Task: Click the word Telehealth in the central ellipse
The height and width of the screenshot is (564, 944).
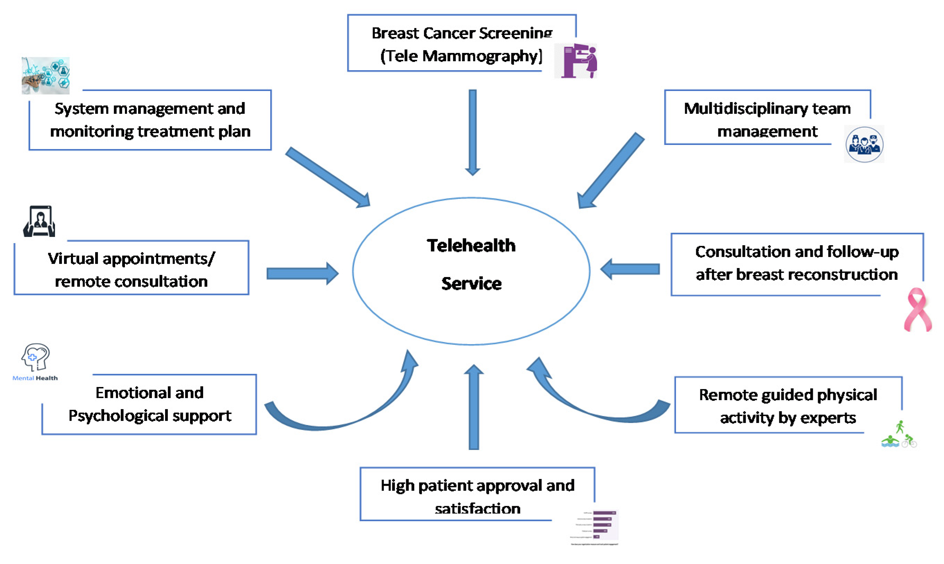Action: [x=471, y=246]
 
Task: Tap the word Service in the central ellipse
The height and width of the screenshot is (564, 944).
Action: [x=471, y=284]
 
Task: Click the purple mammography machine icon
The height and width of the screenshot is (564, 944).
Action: [x=576, y=61]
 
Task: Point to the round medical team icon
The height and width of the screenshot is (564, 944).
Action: [x=864, y=145]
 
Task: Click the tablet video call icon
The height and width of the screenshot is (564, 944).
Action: [x=39, y=221]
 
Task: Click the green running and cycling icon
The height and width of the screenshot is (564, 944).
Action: [x=899, y=435]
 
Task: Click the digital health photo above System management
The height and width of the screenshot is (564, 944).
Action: [x=46, y=75]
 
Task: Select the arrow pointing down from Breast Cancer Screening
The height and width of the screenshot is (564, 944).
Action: [x=472, y=131]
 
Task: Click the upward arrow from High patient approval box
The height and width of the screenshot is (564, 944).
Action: [x=473, y=407]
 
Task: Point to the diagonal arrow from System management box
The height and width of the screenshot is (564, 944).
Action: [x=327, y=177]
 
